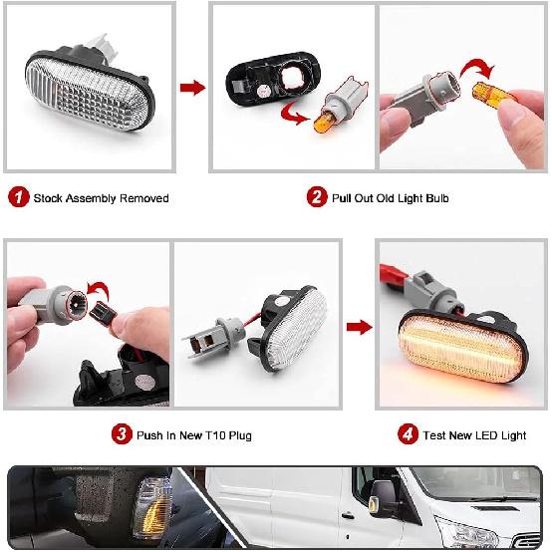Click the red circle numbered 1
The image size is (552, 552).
18,197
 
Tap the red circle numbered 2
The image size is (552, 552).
316,197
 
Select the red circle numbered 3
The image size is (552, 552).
122,434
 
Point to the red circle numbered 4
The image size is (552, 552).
408,434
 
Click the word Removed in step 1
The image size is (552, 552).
144,198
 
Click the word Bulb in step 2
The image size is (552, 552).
434,198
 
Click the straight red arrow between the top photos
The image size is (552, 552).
191,88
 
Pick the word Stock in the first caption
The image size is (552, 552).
49,198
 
